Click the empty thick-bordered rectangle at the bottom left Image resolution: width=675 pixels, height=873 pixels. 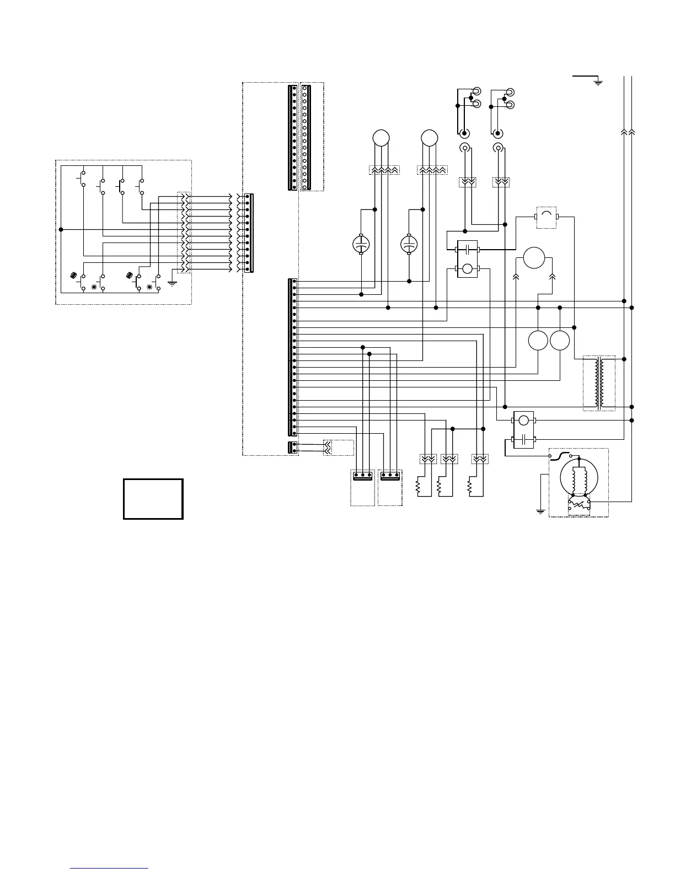[153, 499]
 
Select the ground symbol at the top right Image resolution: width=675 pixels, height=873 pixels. [598, 83]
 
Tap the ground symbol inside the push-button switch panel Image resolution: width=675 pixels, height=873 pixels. [172, 283]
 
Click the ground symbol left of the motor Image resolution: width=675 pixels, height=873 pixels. [540, 511]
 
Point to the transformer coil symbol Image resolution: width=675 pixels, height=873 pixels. [599, 383]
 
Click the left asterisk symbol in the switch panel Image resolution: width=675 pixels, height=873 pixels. [94, 287]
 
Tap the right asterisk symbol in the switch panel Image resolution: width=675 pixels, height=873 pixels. [149, 287]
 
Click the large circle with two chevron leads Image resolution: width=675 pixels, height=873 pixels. [534, 258]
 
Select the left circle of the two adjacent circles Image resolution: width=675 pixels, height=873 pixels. [538, 341]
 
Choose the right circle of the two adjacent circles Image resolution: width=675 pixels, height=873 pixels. [559, 341]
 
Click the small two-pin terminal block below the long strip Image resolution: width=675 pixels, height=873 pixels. [293, 448]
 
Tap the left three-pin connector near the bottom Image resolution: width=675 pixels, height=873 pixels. [362, 475]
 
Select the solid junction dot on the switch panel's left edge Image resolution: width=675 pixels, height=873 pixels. [61, 229]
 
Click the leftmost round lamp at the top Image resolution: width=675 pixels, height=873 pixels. [381, 137]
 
